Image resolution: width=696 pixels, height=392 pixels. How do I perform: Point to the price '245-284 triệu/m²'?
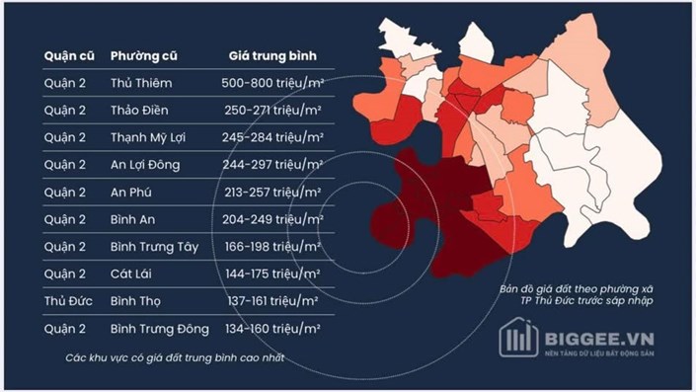273,137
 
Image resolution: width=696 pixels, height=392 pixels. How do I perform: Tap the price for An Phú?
273,192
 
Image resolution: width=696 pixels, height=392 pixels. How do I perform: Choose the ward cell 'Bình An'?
136,219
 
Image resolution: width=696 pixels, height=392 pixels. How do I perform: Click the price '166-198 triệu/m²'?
273,246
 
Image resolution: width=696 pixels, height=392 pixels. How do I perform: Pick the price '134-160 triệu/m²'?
273,328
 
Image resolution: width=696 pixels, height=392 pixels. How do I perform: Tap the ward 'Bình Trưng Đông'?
160,328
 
